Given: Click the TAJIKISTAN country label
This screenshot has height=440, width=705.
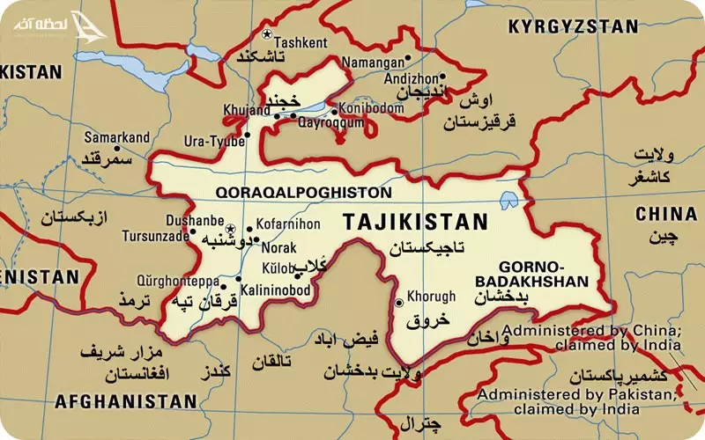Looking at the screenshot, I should click(x=414, y=221).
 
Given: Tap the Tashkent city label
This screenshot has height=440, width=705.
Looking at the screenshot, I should click(x=301, y=41).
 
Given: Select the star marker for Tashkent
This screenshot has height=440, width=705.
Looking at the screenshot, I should click(x=267, y=34).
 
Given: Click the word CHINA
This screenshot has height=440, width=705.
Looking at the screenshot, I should click(x=666, y=213).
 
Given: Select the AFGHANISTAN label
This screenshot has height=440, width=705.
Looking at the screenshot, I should click(x=125, y=401).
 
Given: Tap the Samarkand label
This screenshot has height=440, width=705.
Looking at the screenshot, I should click(x=117, y=138).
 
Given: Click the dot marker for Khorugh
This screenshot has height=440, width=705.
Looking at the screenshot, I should click(x=399, y=303).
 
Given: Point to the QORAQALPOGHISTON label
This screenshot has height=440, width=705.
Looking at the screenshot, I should click(x=302, y=191).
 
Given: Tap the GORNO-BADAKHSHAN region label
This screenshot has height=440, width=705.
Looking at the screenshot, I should click(x=543, y=273).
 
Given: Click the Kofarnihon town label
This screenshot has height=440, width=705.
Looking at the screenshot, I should click(x=287, y=225).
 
